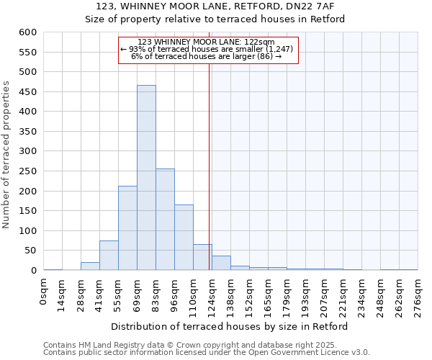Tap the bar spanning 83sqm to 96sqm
(165, 220)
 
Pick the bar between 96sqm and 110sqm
(184, 238)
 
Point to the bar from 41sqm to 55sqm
(109, 256)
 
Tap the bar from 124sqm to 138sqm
(221, 264)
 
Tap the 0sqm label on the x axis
(44, 291)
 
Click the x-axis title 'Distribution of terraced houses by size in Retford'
(230, 327)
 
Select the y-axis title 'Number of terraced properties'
(7, 154)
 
